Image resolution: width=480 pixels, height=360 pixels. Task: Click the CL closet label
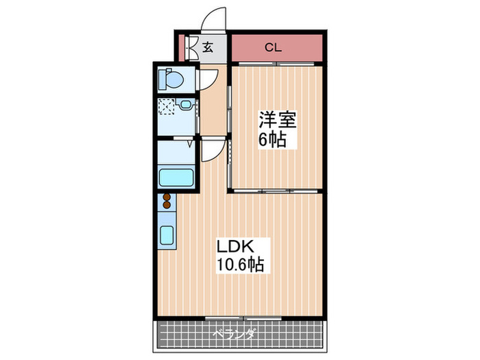tap(273, 48)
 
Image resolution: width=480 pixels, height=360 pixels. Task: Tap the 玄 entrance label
tap(207, 48)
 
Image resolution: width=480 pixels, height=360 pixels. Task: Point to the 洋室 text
tap(276, 121)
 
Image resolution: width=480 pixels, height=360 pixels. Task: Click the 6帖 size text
tap(272, 141)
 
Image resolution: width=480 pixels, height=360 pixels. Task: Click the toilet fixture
tap(170, 80)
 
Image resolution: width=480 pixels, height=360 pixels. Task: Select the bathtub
tap(178, 176)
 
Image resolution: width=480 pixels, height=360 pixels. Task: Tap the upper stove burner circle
tap(166, 197)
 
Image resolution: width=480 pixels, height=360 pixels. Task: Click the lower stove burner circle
tap(166, 205)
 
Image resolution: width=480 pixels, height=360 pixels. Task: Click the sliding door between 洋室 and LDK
tap(274, 189)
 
